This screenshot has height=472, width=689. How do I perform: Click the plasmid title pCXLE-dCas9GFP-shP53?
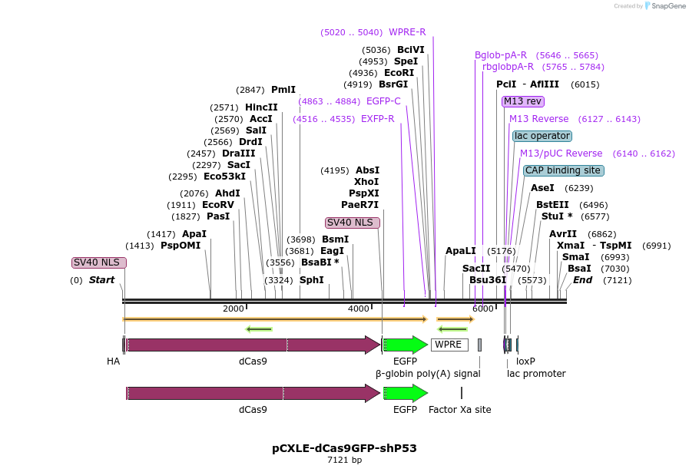344,448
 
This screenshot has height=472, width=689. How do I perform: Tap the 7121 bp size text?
344,460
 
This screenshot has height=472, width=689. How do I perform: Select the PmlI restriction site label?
283,90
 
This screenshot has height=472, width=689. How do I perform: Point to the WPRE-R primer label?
407,32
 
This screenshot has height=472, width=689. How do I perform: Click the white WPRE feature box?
449,345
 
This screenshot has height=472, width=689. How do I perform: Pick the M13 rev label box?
523,101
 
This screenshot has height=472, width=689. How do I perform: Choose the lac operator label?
542,136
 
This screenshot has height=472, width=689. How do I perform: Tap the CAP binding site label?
563,170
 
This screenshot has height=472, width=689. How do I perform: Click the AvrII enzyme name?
563,234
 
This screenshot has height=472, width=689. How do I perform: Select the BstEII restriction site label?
552,205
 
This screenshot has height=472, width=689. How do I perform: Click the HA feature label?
114,361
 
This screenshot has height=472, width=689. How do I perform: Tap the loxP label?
525,361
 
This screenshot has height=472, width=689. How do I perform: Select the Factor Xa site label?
460,410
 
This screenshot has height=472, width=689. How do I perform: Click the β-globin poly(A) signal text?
428,374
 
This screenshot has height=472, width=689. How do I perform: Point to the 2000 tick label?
234,309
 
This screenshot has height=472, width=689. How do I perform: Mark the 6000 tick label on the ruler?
483,309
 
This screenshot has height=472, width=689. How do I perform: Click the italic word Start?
101,280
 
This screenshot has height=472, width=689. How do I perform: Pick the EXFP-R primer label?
377,119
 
